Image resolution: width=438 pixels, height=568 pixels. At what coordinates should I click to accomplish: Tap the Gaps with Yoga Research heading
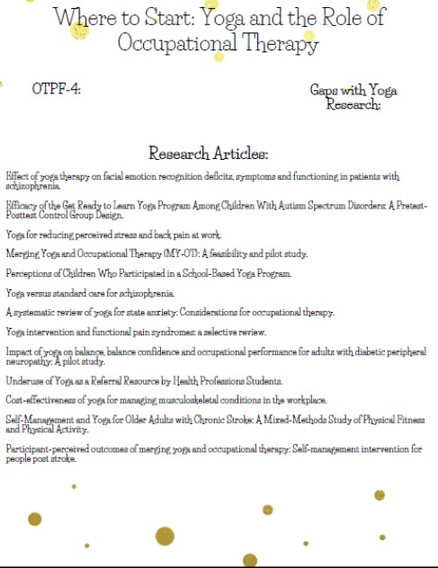[353, 97]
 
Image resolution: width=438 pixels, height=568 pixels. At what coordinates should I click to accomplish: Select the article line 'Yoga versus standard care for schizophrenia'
[90, 292]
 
